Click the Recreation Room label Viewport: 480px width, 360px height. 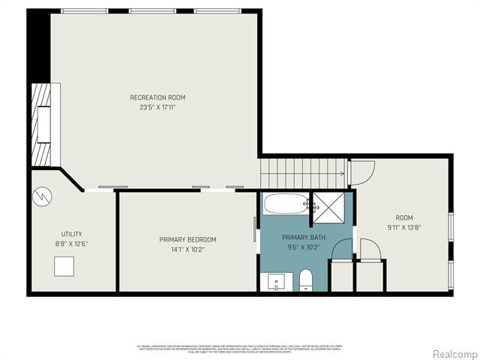click(x=157, y=97)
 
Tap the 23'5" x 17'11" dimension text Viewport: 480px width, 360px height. click(x=157, y=107)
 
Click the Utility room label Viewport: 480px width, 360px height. click(x=72, y=234)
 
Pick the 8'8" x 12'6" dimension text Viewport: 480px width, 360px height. click(x=72, y=243)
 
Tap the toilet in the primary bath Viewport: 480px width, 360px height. click(x=305, y=280)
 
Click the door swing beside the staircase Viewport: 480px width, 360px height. click(x=359, y=174)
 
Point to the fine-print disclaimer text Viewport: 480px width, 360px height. click(x=240, y=349)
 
